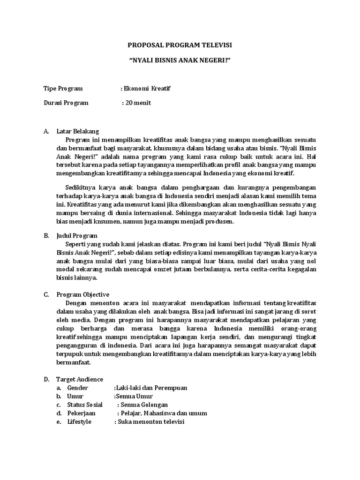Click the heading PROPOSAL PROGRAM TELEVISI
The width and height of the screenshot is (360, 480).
(x=180, y=45)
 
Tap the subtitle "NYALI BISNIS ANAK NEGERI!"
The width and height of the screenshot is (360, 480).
(x=180, y=62)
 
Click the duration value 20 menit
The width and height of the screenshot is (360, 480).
(x=138, y=103)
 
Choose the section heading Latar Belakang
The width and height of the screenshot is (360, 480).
(x=77, y=131)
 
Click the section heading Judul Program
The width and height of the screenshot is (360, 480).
(x=77, y=236)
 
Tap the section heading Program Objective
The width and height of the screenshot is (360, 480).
(x=83, y=294)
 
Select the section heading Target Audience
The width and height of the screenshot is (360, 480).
(x=80, y=379)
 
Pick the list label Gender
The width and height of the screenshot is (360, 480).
(x=78, y=388)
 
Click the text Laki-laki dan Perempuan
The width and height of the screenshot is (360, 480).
(x=151, y=388)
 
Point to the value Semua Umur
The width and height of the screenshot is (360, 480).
(x=134, y=396)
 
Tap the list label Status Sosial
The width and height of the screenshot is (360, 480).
(x=86, y=405)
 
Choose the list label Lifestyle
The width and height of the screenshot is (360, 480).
(x=79, y=421)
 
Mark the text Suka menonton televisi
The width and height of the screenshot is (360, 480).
(x=151, y=421)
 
